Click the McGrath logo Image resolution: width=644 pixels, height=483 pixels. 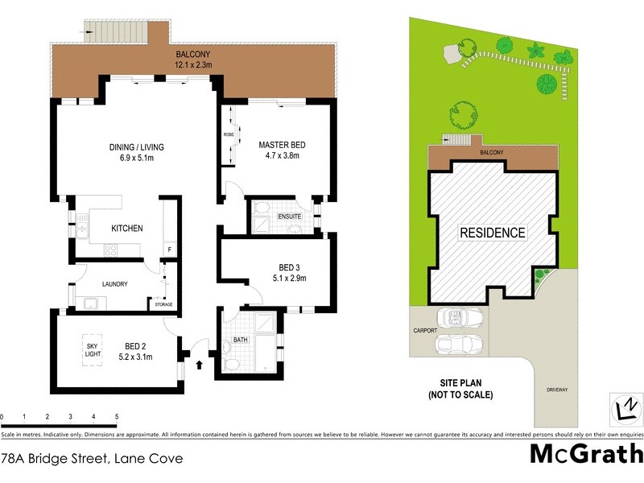(585, 453)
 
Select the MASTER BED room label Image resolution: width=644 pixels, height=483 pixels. (282, 145)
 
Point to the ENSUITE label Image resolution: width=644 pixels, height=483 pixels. (289, 217)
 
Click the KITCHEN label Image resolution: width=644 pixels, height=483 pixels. (126, 229)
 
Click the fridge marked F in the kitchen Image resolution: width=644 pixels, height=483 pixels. (169, 250)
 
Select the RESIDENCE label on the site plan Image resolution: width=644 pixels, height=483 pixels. (493, 233)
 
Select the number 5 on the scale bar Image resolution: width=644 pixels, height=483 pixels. (118, 417)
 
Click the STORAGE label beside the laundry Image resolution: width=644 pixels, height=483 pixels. (164, 304)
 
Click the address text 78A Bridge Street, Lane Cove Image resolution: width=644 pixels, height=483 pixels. (92, 459)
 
